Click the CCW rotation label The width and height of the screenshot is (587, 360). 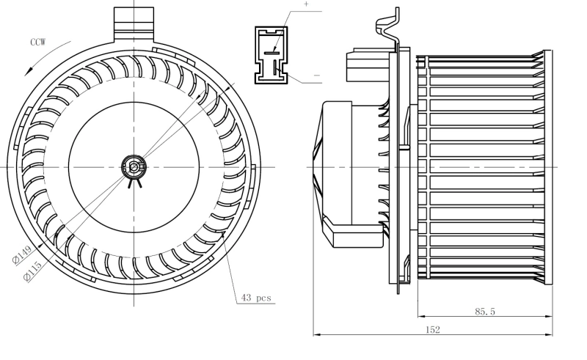point(37,43)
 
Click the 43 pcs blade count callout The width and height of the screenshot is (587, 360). point(256,298)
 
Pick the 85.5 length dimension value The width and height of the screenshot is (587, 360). point(484,312)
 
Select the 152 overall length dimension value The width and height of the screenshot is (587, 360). point(432,330)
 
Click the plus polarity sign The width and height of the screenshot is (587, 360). point(306,4)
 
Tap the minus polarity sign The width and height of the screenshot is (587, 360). point(316,76)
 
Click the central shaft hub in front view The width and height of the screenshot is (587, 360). point(134,167)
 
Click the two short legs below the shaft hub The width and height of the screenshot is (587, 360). point(134,183)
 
